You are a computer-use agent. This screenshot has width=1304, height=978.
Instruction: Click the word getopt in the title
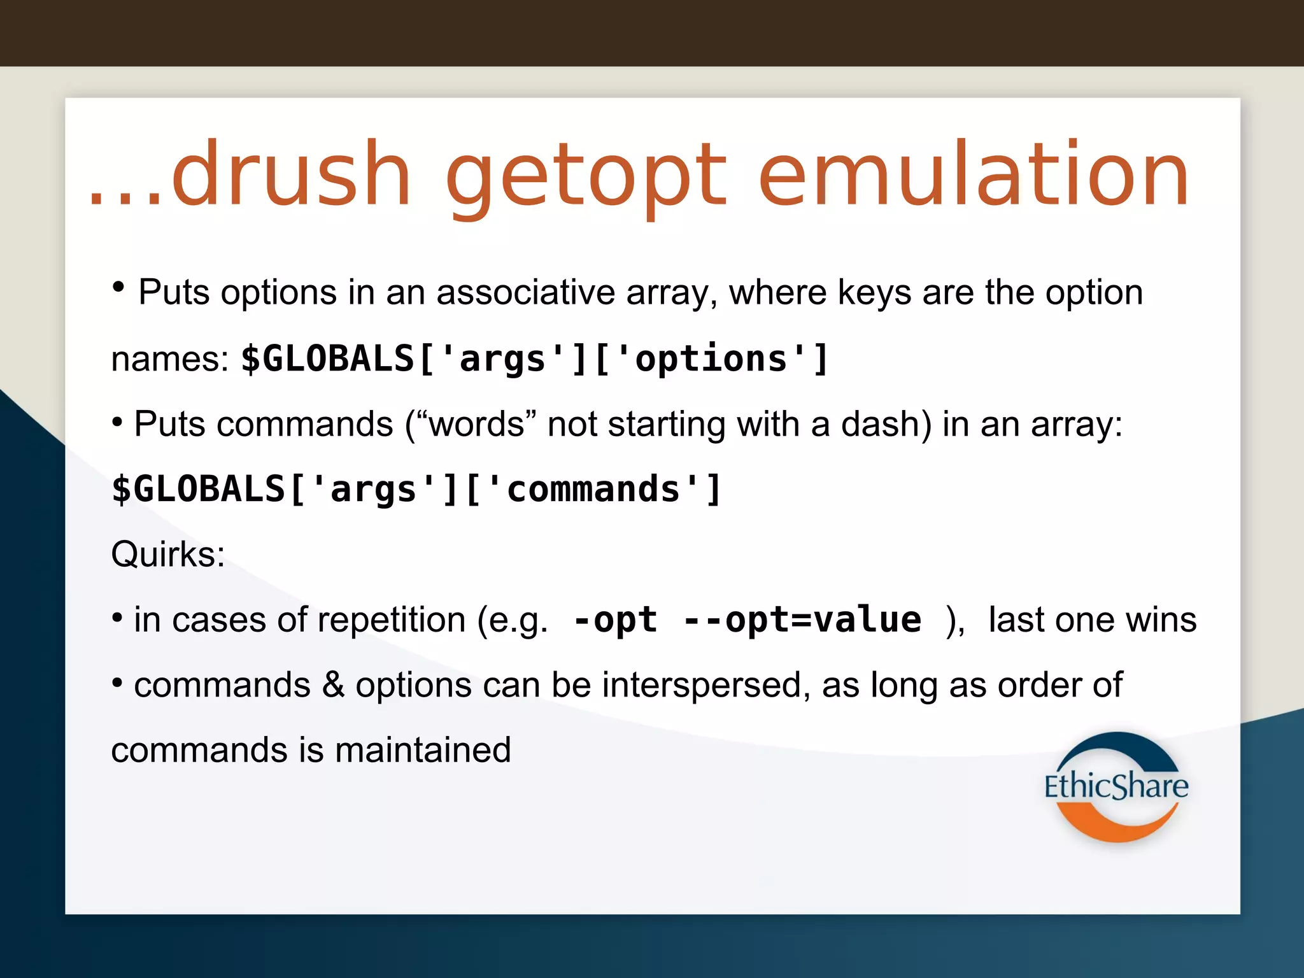[586, 175]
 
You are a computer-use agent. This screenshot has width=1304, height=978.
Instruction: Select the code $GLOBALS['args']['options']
[535, 358]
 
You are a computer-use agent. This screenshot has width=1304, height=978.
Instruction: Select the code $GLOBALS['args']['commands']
[417, 490]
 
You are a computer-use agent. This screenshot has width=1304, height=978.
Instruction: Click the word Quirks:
[168, 554]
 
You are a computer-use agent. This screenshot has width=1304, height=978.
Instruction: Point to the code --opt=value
[802, 620]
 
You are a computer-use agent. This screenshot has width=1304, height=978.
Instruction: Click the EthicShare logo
[1116, 787]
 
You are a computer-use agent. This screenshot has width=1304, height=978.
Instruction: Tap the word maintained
[423, 750]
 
